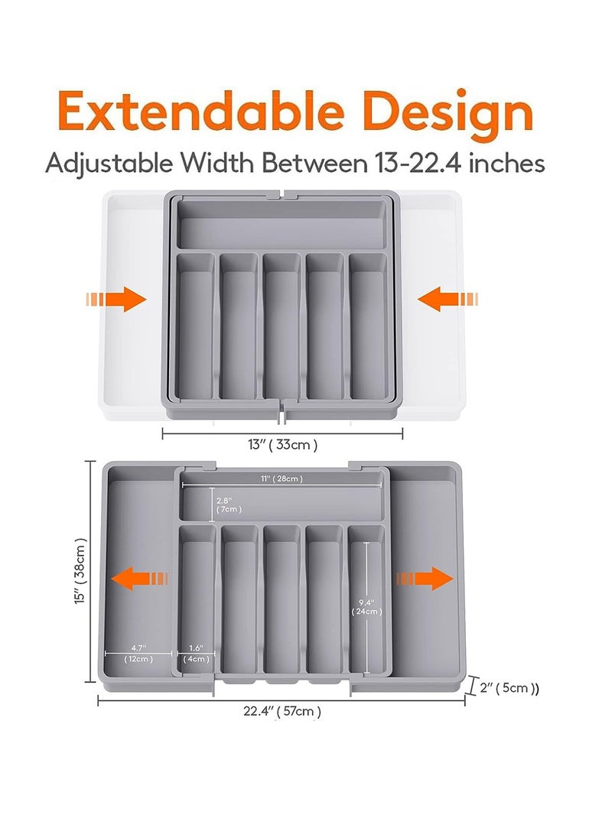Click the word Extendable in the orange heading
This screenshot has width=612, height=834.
point(200,111)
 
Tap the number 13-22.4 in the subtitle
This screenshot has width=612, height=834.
point(418,163)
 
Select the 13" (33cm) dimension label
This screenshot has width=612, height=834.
point(282,445)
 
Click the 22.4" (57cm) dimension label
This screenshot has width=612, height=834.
point(282,711)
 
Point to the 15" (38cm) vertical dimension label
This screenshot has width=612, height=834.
point(80,571)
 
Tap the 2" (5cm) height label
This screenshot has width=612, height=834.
point(509,688)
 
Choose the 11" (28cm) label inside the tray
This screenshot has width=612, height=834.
point(282,479)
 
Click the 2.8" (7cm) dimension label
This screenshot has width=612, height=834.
point(229,505)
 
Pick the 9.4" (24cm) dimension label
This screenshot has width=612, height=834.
point(366,607)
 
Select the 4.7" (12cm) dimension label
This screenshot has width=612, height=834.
point(138,654)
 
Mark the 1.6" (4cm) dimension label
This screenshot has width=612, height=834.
point(197,654)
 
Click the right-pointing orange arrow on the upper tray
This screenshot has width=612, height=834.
point(116,299)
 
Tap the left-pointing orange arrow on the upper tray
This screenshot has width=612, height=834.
point(448,299)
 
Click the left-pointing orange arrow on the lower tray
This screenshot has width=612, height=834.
point(139,578)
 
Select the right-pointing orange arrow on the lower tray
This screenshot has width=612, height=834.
point(425,578)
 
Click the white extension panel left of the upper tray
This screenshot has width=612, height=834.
point(133,305)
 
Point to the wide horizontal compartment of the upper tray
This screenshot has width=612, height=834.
point(282,223)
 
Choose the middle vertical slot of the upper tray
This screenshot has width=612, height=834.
point(282,326)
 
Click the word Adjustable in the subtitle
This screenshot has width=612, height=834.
point(109,164)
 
